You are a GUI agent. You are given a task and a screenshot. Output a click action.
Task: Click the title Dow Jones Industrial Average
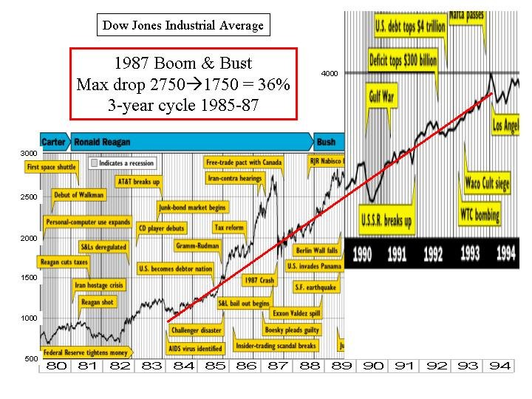click(183, 25)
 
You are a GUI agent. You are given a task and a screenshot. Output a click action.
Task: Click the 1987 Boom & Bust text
click(183, 63)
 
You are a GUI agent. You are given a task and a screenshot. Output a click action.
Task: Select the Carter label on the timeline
click(53, 141)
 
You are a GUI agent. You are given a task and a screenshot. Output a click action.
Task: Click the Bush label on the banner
click(325, 141)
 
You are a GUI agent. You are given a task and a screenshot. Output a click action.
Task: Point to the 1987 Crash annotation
click(259, 281)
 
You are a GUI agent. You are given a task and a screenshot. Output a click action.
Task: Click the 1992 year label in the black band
click(433, 255)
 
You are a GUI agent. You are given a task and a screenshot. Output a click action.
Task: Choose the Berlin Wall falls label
click(316, 250)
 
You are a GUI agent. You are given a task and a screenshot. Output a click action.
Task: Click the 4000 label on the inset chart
click(330, 73)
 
